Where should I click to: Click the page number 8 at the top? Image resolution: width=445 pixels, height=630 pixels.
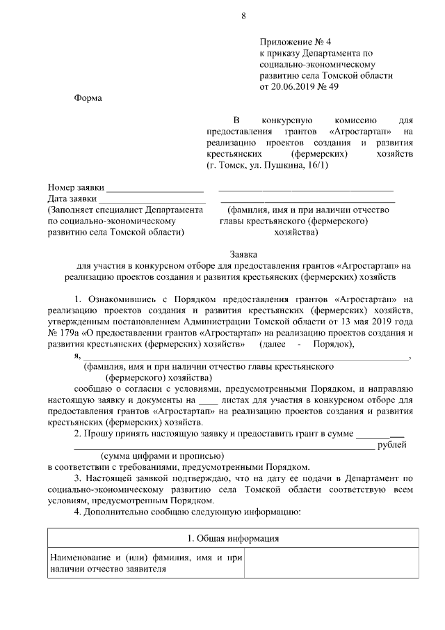(243, 15)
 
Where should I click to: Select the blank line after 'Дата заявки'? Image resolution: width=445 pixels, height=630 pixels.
(156, 200)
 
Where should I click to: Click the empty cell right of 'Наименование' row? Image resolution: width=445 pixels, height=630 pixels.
(331, 563)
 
